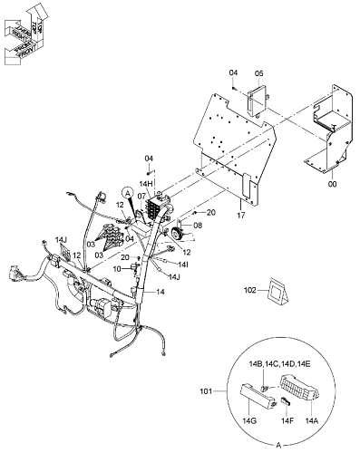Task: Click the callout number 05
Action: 258,73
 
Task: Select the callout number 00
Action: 332,184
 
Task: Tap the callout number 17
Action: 241,216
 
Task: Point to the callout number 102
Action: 250,290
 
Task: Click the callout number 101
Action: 206,391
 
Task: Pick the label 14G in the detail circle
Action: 249,420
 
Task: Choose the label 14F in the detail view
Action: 287,420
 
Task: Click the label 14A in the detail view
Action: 312,420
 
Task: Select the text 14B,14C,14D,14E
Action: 279,364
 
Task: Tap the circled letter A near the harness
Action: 128,192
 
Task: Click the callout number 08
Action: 198,226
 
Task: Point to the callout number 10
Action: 117,268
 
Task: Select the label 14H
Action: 145,184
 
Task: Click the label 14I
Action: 183,265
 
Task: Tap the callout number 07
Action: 141,197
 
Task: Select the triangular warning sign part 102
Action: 277,290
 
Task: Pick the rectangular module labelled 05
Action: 258,99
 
